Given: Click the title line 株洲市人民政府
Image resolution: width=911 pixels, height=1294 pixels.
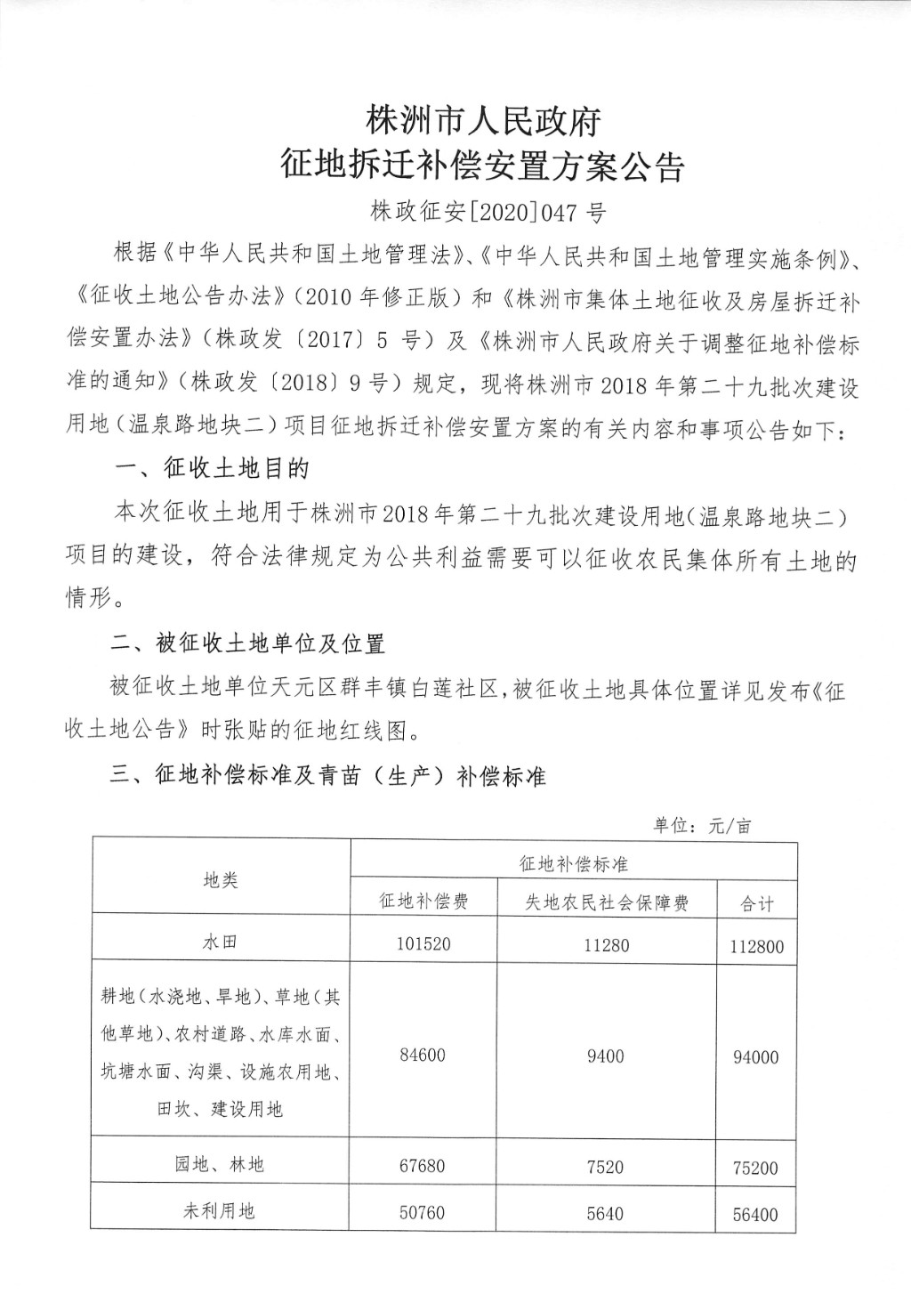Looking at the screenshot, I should [x=484, y=121].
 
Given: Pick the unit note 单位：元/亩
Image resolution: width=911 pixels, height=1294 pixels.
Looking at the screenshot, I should [x=703, y=825].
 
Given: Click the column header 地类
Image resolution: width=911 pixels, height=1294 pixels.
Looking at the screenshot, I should [x=221, y=881].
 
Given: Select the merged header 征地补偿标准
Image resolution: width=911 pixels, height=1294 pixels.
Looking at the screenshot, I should [x=574, y=863].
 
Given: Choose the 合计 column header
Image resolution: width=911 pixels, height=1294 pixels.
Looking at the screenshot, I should [x=757, y=904].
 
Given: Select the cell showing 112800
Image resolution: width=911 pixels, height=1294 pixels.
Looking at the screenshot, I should [x=756, y=947].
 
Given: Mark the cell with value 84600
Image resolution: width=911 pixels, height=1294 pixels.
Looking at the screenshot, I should [x=423, y=1055].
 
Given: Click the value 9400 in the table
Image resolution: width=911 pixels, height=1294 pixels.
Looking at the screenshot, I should [x=606, y=1056].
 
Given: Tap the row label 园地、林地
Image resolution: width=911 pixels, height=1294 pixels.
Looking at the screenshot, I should [x=220, y=1164].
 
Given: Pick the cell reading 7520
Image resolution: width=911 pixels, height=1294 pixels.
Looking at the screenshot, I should [x=606, y=1167].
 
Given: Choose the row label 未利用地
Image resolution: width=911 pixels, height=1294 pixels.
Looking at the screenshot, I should [x=220, y=1210].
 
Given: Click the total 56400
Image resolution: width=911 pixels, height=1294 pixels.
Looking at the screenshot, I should [x=755, y=1214].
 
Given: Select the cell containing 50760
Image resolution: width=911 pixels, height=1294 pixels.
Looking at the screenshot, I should [x=423, y=1212].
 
